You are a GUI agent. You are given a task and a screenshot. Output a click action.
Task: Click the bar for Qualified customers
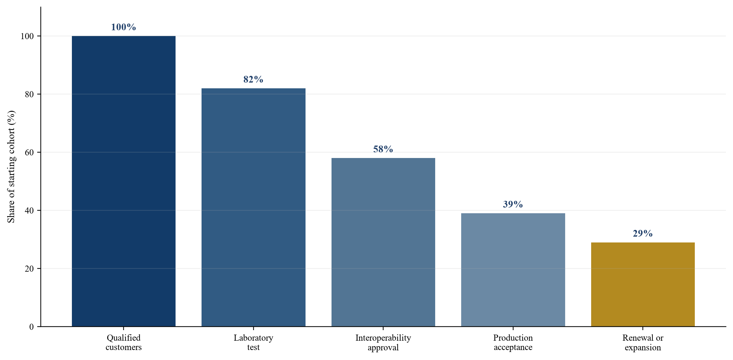point(124,181)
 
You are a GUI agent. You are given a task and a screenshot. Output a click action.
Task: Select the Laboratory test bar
point(254,207)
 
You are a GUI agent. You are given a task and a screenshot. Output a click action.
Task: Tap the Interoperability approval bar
point(383,242)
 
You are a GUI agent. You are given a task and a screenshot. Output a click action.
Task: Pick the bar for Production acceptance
point(513,270)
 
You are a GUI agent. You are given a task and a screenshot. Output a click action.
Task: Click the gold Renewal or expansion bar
point(643,285)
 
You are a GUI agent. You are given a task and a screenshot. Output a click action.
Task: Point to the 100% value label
point(124,27)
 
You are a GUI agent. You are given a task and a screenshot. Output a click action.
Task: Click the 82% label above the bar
point(254,79)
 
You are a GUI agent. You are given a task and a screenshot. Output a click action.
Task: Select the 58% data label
point(383,149)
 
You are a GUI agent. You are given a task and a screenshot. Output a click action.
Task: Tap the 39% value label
point(513,204)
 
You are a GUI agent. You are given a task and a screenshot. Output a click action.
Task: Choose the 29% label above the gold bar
point(643,233)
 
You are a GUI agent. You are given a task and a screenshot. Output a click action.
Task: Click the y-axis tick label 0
point(31,327)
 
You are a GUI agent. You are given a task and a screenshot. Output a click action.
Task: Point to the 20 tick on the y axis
point(29,268)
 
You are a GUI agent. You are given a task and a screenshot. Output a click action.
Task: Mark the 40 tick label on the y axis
point(29,210)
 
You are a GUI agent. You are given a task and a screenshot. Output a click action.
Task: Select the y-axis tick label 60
point(29,152)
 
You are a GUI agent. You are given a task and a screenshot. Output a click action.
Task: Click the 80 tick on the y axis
point(29,94)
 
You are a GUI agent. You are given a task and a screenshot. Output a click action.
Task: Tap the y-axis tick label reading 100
point(27,36)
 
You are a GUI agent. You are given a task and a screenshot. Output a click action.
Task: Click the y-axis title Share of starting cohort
point(11,167)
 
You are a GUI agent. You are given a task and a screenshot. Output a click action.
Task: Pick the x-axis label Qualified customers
point(124,342)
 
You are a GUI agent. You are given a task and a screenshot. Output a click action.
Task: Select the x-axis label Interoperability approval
point(383,342)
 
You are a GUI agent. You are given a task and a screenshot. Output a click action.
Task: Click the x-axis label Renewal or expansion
point(643,342)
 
